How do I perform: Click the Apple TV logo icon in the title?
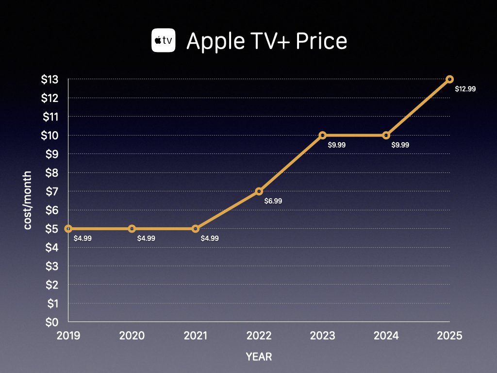pos(163,41)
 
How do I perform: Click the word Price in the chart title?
pos(322,42)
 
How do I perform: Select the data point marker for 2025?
pos(449,79)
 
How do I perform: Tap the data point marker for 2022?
pos(259,191)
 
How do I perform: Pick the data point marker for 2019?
pos(68,229)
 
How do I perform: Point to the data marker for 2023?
pos(322,135)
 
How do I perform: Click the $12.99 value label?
pos(465,89)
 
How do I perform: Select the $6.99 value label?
pos(273,201)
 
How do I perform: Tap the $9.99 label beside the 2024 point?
pos(400,145)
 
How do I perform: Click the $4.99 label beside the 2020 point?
pos(146,238)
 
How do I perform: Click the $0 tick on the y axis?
pos(52,322)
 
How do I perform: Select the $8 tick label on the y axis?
pos(52,172)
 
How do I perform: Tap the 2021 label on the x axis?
pos(195,336)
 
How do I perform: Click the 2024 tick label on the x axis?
pos(386,336)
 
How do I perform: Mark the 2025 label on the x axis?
pos(449,336)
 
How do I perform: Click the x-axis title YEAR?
pos(259,357)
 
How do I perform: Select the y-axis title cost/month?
pos(28,200)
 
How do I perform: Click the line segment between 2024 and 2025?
pos(418,107)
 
